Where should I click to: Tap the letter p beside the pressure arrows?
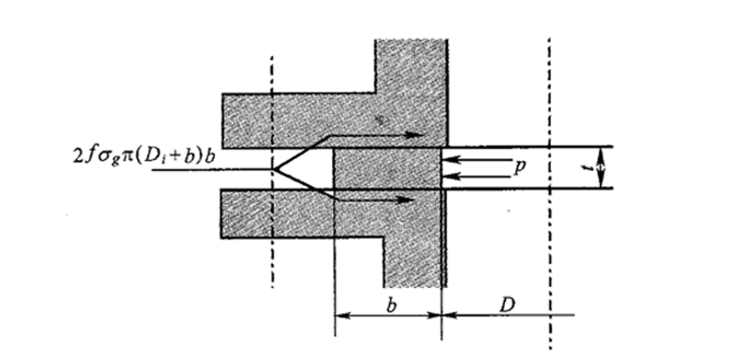tap(520, 166)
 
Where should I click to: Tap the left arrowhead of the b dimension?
tap(338, 315)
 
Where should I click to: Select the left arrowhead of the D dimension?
tap(446, 315)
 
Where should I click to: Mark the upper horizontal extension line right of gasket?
tap(533, 146)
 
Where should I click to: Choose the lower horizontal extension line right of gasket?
tap(533, 188)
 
